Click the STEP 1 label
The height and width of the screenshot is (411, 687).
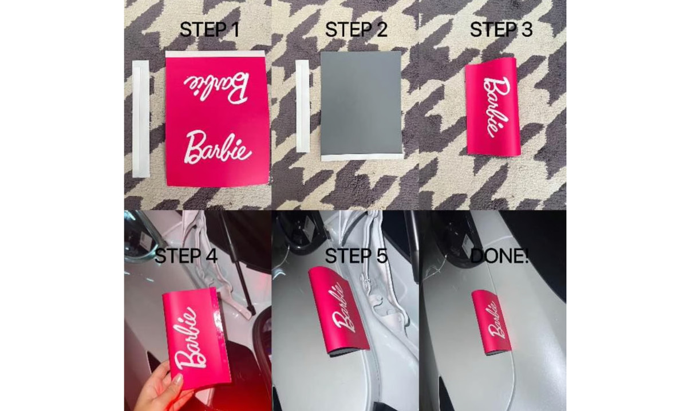coord(210,30)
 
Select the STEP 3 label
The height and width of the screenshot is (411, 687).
coord(501,30)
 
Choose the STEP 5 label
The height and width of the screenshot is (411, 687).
coord(356,256)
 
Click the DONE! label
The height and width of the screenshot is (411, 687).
coord(500,256)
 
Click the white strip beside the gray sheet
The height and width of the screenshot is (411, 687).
coord(303,107)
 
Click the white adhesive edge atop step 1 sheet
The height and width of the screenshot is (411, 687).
coord(215,54)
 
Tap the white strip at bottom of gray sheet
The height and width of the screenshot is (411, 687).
coord(362,156)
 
